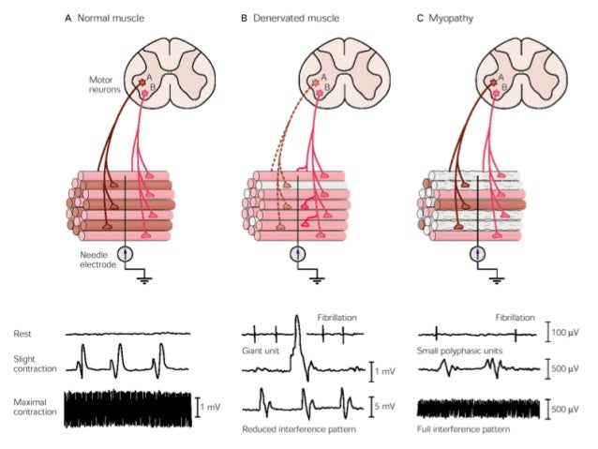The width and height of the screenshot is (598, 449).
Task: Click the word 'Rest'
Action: pyautogui.click(x=22, y=333)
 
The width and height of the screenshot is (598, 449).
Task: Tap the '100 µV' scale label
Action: pyautogui.click(x=567, y=333)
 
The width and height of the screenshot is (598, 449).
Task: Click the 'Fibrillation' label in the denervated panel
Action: pyautogui.click(x=333, y=317)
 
